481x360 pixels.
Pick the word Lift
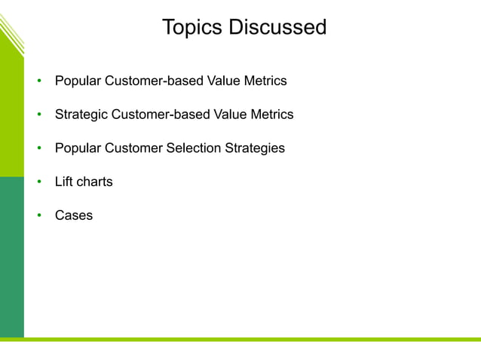(64, 182)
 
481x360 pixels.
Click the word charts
(95, 182)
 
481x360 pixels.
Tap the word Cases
(74, 215)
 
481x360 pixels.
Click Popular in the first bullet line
(78, 81)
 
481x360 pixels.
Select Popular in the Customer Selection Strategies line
(78, 148)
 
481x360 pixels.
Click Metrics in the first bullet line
(265, 81)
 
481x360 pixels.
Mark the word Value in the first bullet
(222, 81)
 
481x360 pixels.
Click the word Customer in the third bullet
(133, 148)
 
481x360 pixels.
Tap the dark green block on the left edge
(11, 256)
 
